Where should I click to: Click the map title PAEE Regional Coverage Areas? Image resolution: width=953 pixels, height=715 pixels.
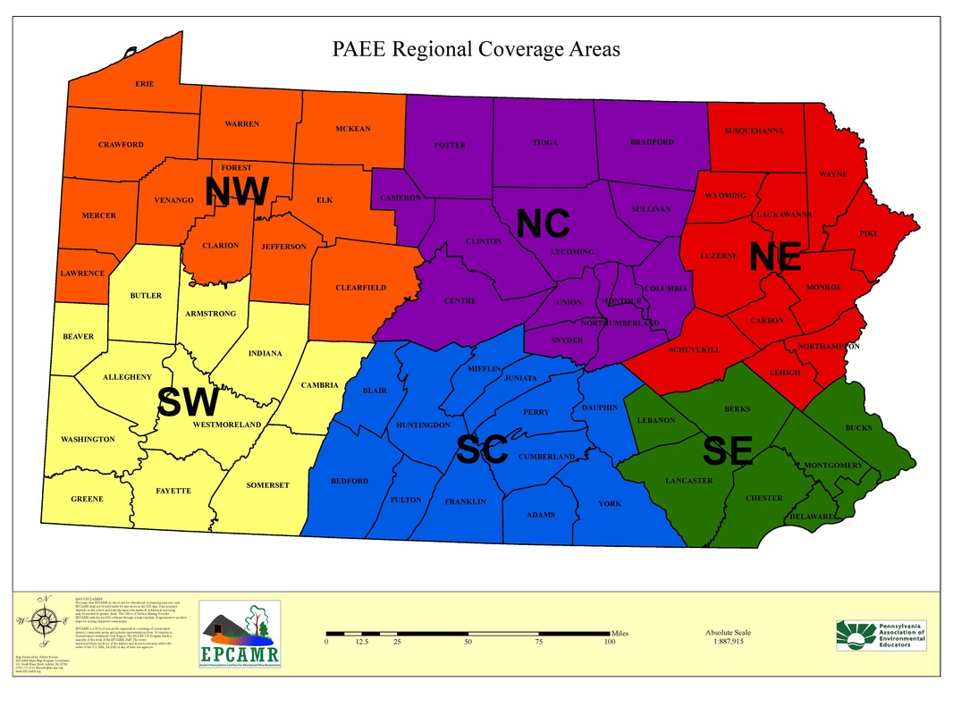[476, 50]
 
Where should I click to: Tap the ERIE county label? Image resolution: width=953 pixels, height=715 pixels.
[145, 84]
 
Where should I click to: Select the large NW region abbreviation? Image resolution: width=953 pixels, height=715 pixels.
[237, 192]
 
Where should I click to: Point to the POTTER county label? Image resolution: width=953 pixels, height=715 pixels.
[450, 146]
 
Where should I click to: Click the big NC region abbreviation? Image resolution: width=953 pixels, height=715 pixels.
[543, 223]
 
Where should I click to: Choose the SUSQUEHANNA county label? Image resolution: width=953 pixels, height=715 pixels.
[754, 131]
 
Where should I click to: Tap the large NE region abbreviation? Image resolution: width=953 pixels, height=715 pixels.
[775, 257]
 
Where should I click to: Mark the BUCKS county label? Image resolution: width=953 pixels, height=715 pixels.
[859, 428]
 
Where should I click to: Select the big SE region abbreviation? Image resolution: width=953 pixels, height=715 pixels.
[727, 451]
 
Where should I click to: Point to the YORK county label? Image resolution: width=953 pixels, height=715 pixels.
[610, 504]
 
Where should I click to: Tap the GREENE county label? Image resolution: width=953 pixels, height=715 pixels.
[88, 499]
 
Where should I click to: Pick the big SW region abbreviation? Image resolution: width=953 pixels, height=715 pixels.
[188, 403]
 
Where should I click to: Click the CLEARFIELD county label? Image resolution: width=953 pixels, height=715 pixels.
[361, 288]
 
